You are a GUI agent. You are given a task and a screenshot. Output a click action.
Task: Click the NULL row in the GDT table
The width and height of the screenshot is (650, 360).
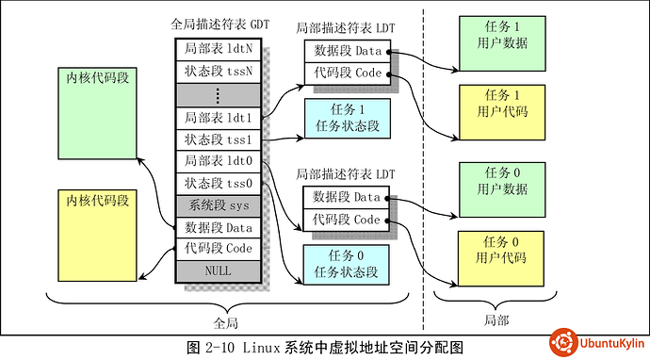(216, 271)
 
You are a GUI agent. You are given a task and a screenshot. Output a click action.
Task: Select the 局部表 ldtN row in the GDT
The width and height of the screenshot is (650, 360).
(216, 48)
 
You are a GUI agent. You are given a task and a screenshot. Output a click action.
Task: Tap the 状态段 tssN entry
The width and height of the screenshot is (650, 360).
(216, 71)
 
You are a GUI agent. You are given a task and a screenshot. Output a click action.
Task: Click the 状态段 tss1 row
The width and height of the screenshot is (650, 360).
(216, 140)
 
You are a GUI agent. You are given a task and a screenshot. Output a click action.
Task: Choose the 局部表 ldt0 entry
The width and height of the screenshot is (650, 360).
(216, 161)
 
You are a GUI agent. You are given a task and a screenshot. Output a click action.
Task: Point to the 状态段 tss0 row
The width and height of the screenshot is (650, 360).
(216, 183)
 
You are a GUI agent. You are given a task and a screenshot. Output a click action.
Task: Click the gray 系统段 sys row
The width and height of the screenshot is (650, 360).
(216, 205)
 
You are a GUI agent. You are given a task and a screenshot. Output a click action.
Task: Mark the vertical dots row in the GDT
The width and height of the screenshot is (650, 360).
(216, 94)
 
